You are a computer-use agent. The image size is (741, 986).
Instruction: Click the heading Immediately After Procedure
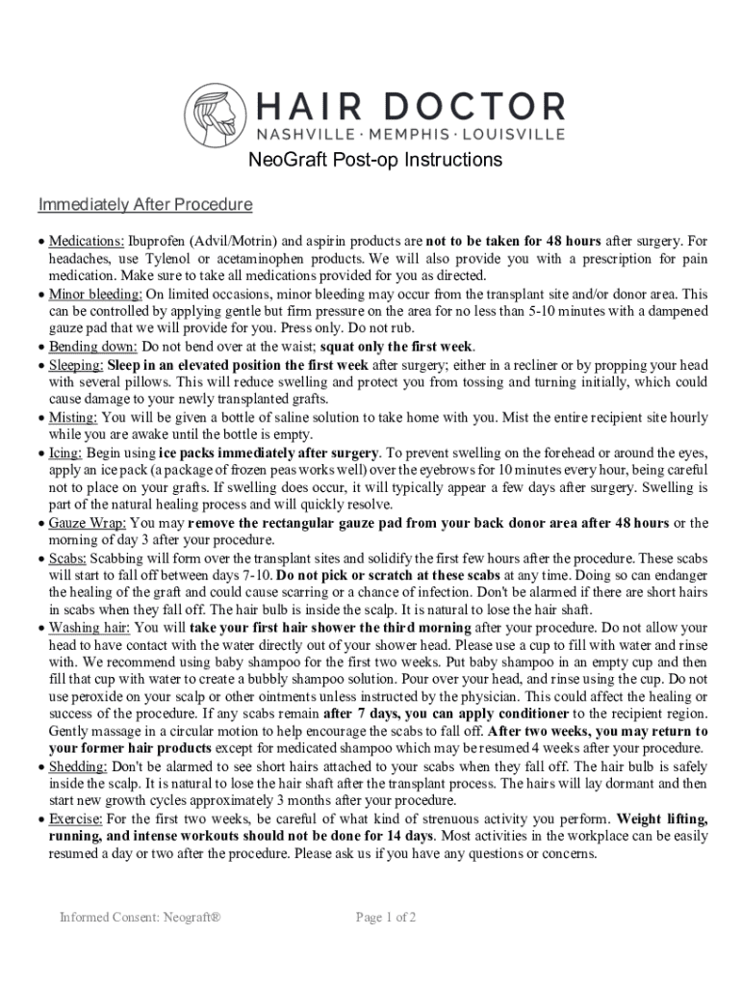[x=145, y=205]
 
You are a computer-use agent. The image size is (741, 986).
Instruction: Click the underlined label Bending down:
[x=93, y=347]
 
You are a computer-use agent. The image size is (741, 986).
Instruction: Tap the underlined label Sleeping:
[x=76, y=365]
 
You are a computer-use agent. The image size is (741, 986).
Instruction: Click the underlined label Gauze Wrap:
[x=88, y=523]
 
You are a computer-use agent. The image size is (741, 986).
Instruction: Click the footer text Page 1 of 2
[x=386, y=918]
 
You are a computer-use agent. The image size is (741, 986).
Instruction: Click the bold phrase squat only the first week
[x=397, y=347]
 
